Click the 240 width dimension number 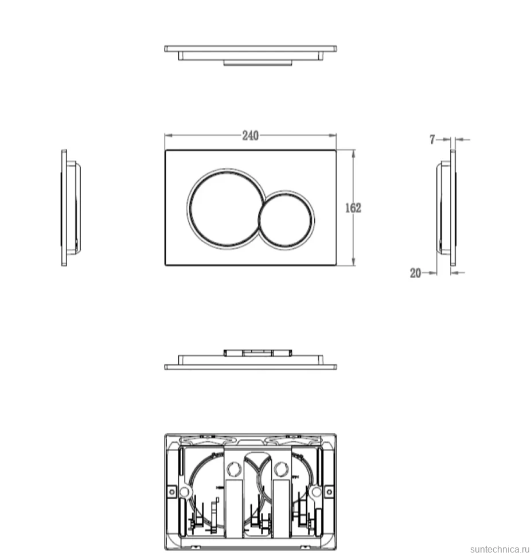pos(251,135)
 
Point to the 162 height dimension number pos(353,208)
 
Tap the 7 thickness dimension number pos(432,140)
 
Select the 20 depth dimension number pos(415,273)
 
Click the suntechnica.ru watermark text pos(500,549)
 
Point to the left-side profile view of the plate pos(71,208)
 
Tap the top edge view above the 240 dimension pos(251,55)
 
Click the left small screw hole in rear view pos(172,492)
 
